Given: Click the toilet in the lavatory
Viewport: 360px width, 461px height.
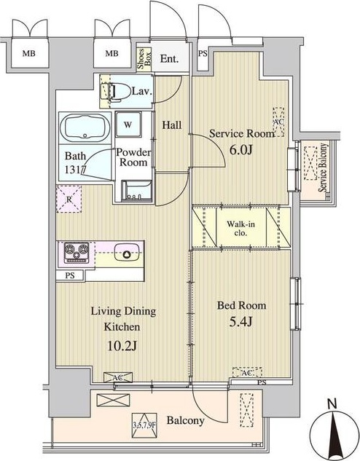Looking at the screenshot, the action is [x=116, y=92].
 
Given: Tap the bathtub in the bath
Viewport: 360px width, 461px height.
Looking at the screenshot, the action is [x=85, y=127].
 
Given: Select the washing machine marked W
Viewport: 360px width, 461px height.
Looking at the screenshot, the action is [x=128, y=125].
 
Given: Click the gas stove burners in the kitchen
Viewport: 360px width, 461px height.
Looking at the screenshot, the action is [x=77, y=252].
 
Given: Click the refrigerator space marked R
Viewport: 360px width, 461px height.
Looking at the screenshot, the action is [x=69, y=200].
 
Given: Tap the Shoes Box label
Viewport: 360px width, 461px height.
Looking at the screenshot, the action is [x=144, y=59].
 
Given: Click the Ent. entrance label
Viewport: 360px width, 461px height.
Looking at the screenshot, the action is [x=169, y=59].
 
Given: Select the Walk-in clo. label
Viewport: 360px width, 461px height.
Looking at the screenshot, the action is [x=240, y=229].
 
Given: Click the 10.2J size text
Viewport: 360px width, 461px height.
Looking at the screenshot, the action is [x=122, y=346].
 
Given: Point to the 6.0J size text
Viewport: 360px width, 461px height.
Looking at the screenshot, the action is [x=241, y=150].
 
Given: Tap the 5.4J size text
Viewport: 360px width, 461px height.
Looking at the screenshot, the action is [x=241, y=322].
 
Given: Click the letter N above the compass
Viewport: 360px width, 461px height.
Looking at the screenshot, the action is [x=332, y=404].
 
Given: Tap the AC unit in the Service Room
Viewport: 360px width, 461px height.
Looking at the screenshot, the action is [x=278, y=122].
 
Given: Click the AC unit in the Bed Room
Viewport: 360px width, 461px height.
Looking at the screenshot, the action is [x=247, y=372].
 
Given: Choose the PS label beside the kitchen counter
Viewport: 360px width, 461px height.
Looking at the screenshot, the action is [x=70, y=276].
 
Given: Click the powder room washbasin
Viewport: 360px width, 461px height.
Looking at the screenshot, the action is [x=137, y=191].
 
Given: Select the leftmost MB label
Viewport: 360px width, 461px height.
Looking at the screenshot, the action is [x=29, y=53].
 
